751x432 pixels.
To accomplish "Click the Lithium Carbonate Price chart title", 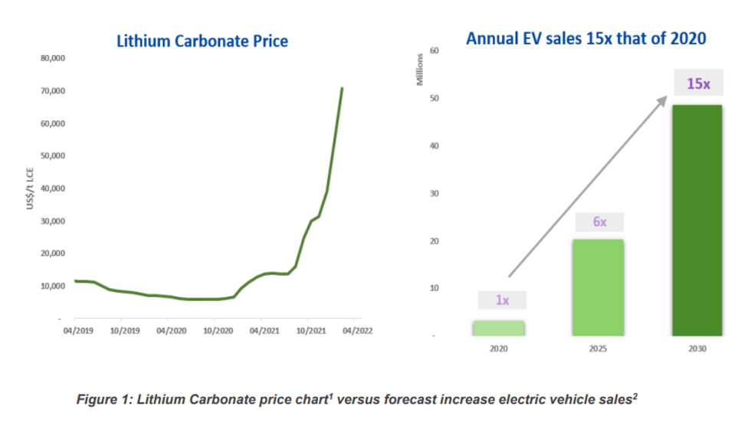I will [202, 41].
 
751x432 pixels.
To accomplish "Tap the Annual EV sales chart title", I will [585, 38].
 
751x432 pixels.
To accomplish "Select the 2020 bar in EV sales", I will [498, 328].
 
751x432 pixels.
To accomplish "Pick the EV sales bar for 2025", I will [598, 287].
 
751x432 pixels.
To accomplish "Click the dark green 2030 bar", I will [697, 220].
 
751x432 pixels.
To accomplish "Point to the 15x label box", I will [697, 83].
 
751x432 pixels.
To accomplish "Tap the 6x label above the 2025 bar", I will [599, 221].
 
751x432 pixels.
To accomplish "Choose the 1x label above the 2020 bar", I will [502, 300].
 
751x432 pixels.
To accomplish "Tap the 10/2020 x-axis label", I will [218, 332].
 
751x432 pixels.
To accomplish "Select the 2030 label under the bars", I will [697, 349].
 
